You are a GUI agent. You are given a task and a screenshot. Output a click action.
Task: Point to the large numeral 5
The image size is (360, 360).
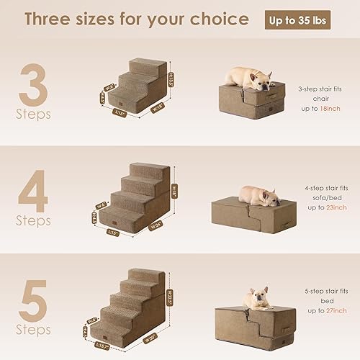pos(33,298)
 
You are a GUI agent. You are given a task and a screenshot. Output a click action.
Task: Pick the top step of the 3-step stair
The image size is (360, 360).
pos(150,66)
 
